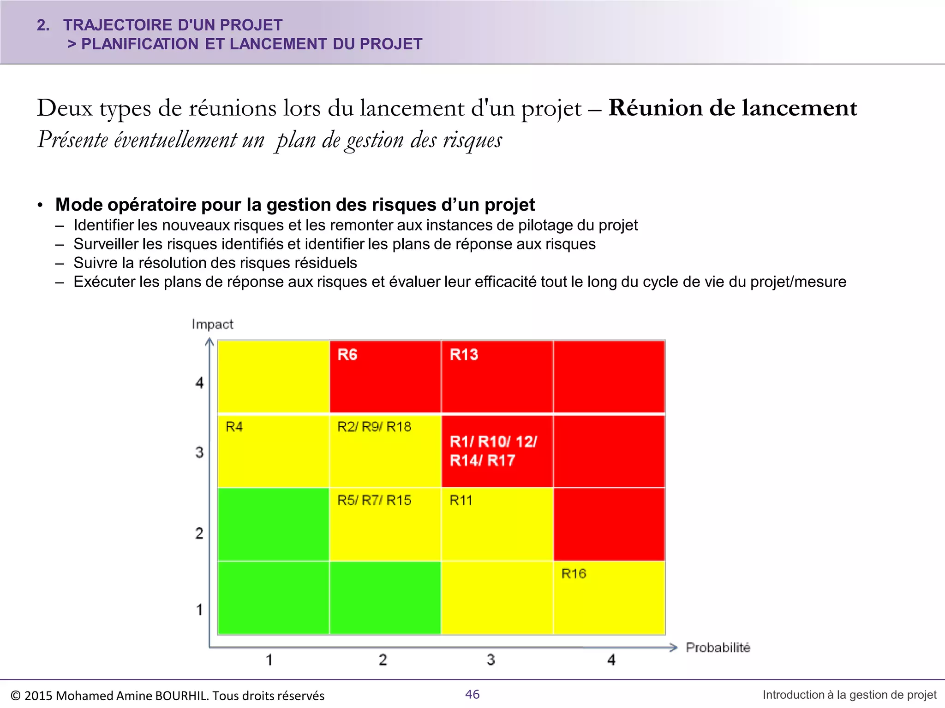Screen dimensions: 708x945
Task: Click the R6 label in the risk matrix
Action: (347, 354)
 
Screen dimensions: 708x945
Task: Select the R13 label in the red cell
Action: (464, 354)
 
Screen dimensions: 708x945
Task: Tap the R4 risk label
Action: (234, 427)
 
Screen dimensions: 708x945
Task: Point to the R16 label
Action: (574, 573)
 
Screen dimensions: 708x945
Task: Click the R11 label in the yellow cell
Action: (461, 500)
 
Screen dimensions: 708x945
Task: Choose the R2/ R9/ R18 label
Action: (374, 427)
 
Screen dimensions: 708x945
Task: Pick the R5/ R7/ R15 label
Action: (374, 500)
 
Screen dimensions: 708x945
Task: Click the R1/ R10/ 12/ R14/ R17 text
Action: (493, 451)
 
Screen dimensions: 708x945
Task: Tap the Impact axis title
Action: (213, 324)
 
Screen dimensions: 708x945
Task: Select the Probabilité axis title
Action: (718, 648)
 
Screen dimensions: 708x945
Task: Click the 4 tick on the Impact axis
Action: (199, 383)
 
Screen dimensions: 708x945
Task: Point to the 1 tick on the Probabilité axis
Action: (269, 660)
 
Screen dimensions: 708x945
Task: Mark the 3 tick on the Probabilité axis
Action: (490, 660)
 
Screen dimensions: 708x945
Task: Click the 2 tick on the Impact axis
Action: (199, 533)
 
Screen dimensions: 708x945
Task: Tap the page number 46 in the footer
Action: (472, 694)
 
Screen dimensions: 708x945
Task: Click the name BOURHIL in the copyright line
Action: (181, 696)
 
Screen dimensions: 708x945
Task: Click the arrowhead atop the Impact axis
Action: (209, 342)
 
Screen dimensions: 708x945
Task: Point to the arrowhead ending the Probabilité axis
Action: (673, 648)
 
